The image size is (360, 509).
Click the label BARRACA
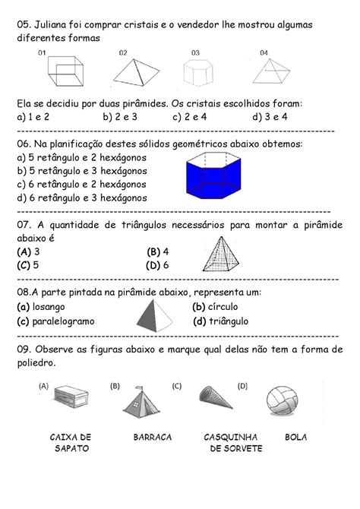click(152, 438)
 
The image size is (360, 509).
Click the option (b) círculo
click(220, 307)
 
